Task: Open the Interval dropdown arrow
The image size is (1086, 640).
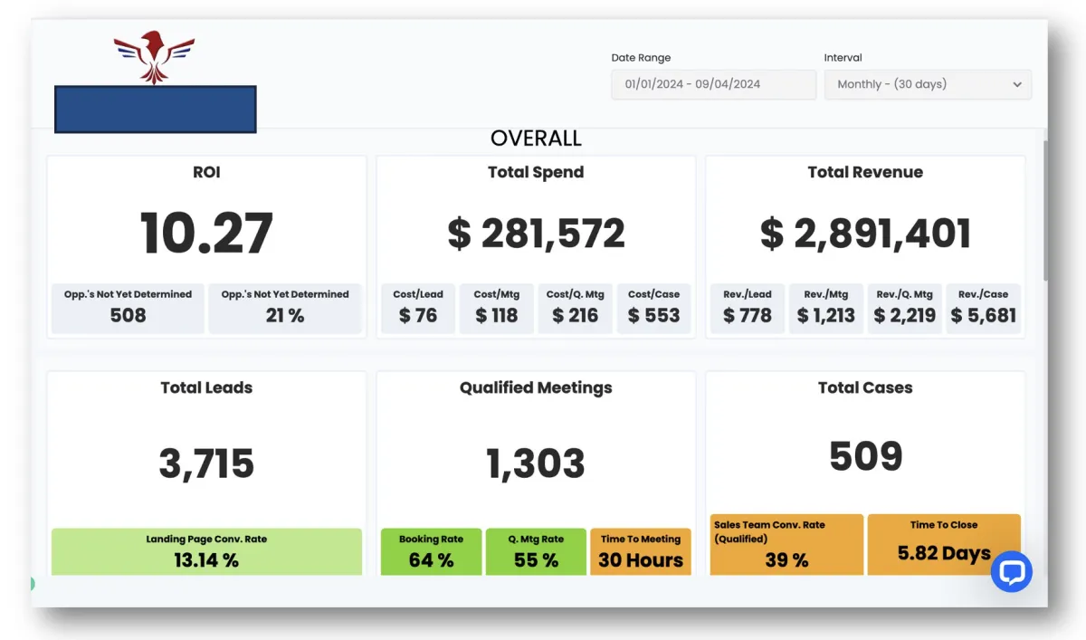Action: point(1017,84)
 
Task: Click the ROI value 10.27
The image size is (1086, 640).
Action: point(206,233)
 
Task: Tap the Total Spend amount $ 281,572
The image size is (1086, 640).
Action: point(536,234)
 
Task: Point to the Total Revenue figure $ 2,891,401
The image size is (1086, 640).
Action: point(865,234)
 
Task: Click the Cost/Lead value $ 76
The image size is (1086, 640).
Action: point(418,315)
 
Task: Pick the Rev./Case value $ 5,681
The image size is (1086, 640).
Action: point(983,315)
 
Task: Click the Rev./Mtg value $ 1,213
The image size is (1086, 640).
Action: point(826,315)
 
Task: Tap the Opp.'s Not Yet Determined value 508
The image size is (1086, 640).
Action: point(128,315)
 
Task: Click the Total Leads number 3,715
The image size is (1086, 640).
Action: point(206,463)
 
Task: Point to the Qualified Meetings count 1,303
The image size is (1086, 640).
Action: point(536,463)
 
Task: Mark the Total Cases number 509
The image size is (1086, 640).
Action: point(865,455)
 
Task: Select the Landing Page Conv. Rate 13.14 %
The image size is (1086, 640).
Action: point(206,559)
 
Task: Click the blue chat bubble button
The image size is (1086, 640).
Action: point(1011,572)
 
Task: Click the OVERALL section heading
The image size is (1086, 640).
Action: point(536,139)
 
